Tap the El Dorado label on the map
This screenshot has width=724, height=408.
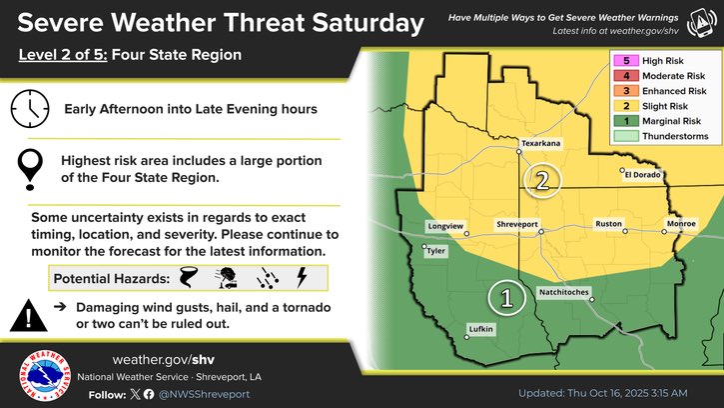click(643, 175)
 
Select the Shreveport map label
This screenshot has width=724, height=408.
click(518, 224)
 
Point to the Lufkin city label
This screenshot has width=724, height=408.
click(482, 328)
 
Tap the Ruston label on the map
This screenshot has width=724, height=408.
click(609, 224)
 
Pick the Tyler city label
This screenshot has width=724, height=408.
click(436, 251)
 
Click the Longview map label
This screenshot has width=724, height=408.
click(445, 226)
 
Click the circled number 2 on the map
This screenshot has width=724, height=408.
click(542, 181)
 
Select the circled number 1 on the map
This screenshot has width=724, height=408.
click(506, 297)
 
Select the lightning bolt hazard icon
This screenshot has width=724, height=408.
click(303, 277)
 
